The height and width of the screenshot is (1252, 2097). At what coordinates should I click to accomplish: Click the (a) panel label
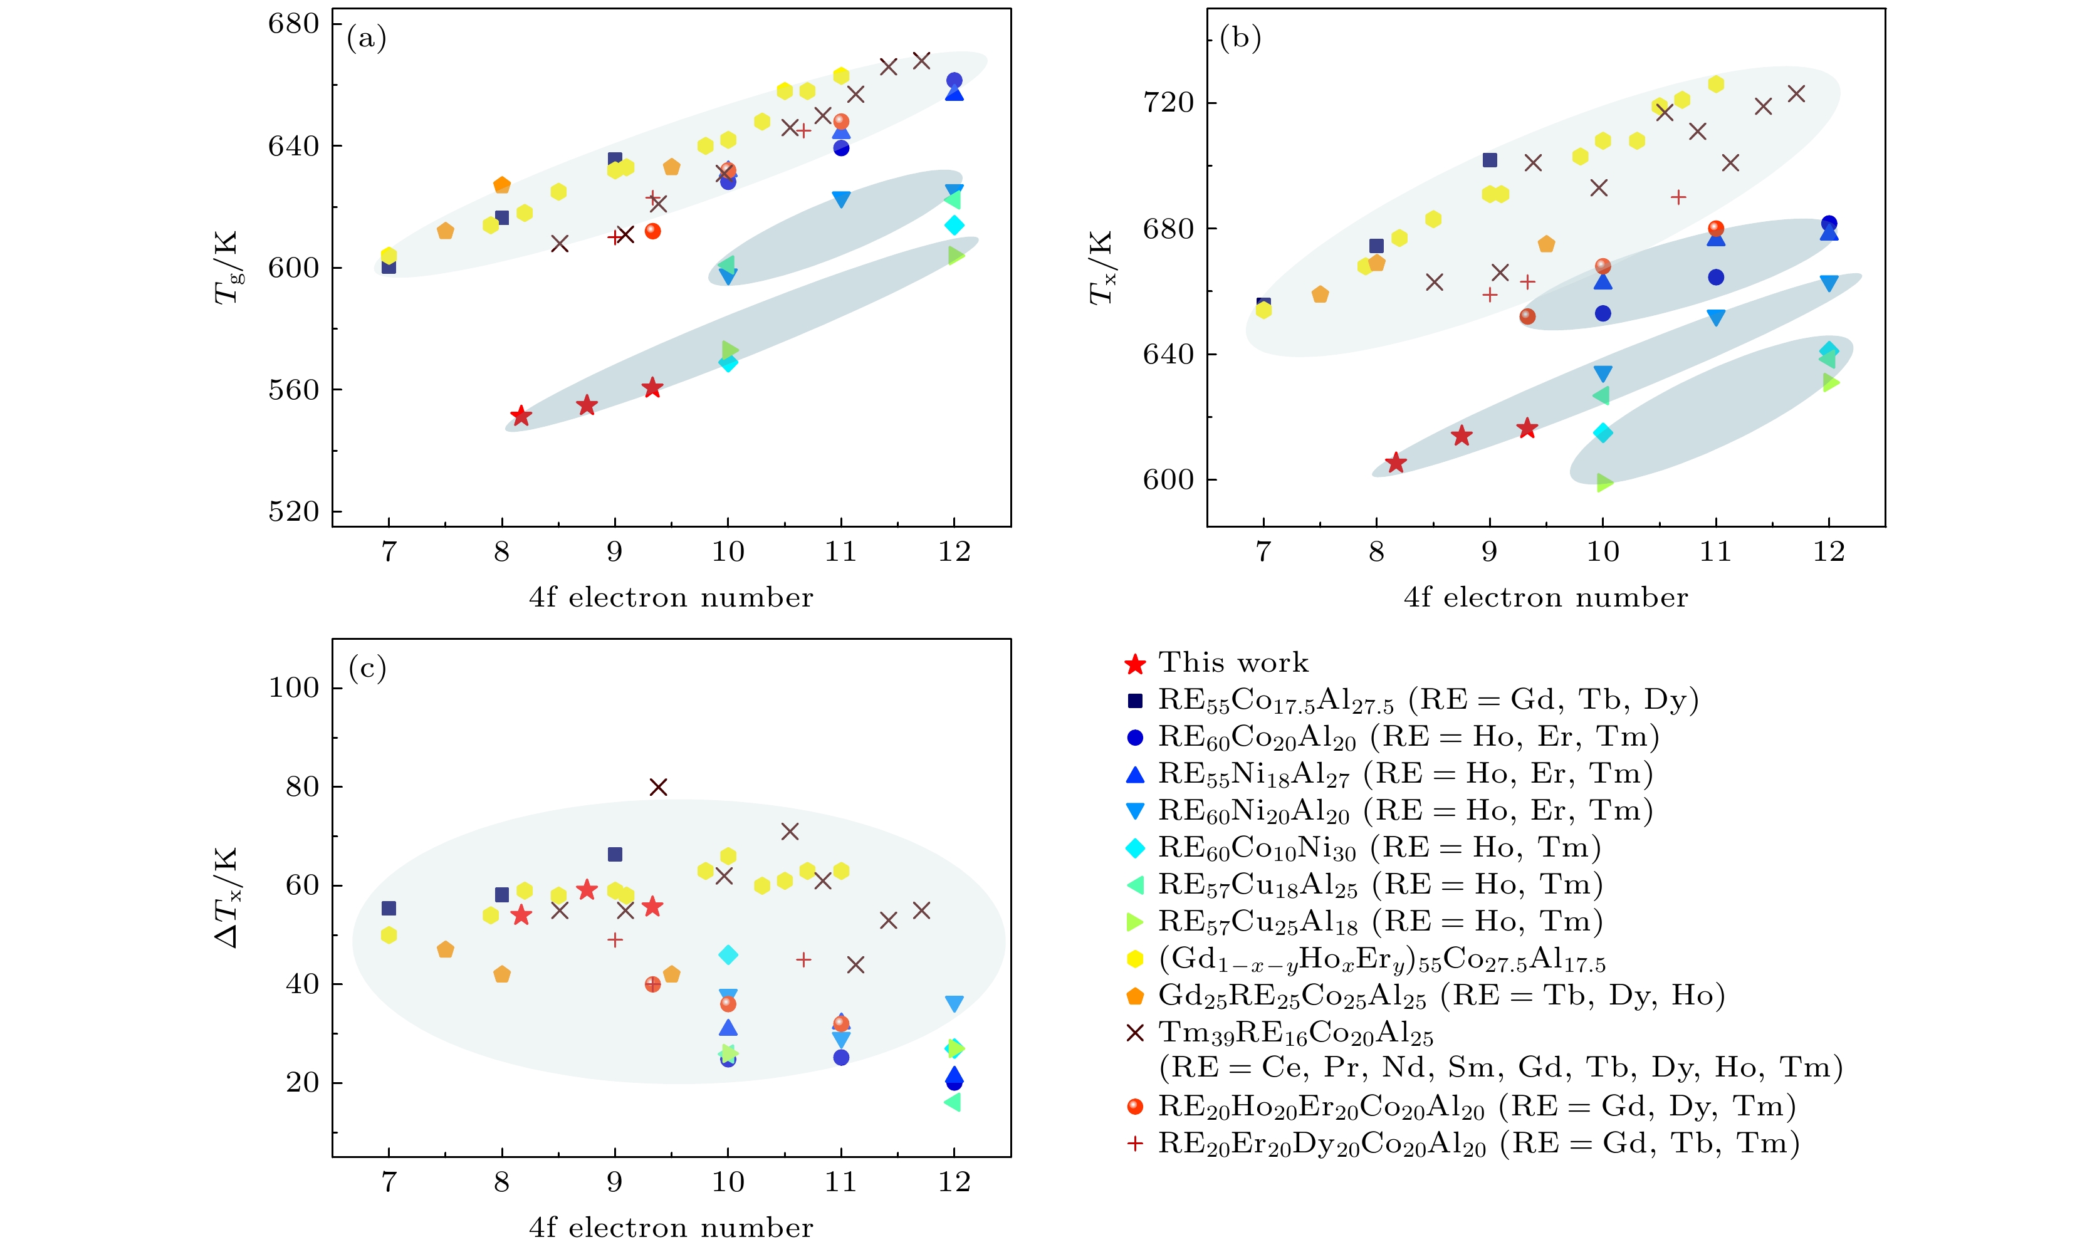click(x=366, y=39)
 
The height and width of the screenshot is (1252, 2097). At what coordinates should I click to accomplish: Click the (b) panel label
click(x=1240, y=39)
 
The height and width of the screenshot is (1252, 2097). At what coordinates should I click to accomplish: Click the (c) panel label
click(x=367, y=669)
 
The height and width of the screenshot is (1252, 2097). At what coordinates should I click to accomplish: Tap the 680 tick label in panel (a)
click(x=293, y=24)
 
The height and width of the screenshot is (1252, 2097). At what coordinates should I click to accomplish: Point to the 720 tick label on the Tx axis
click(x=1168, y=103)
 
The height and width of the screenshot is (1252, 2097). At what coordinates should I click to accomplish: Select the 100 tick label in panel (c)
click(x=293, y=689)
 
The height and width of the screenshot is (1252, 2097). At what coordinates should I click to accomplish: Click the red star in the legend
click(x=1136, y=665)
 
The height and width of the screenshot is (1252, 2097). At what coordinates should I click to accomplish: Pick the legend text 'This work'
click(x=1233, y=663)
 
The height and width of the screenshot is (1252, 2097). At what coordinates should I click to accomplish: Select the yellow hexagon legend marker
click(x=1136, y=959)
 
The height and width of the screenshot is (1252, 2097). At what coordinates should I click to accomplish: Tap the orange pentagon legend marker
click(x=1136, y=996)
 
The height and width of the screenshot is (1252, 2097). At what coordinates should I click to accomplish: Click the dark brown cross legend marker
click(x=1136, y=1033)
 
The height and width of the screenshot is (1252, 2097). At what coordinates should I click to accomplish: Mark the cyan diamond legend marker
click(x=1136, y=848)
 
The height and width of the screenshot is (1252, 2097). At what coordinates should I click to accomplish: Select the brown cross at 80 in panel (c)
click(x=659, y=787)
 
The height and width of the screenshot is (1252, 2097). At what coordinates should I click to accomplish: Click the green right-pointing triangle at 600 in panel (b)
click(x=1604, y=483)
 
